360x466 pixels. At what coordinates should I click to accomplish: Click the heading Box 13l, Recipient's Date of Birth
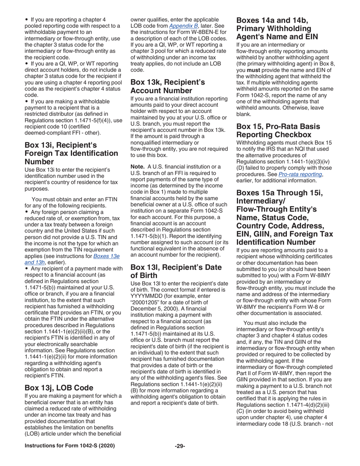(176, 271)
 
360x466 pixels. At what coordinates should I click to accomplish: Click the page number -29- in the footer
(180, 446)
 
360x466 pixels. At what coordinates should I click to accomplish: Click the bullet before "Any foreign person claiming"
(26, 212)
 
